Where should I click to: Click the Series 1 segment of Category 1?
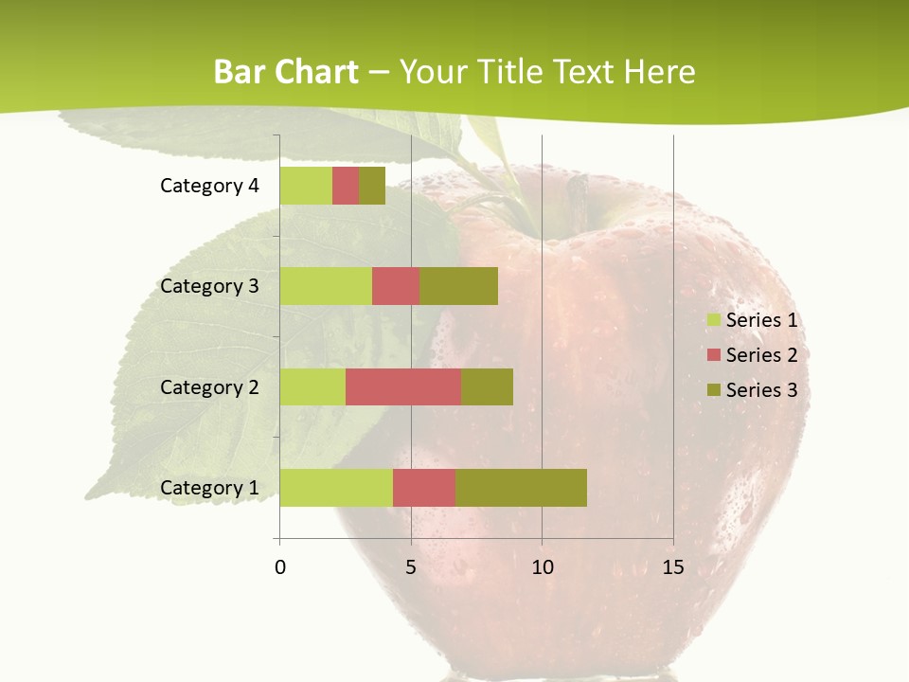[336, 488]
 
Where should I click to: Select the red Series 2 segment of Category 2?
[403, 386]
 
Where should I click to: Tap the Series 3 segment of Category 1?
[521, 488]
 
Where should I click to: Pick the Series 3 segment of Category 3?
[458, 286]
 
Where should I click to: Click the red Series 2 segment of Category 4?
[346, 186]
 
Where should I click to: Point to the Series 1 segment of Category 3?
[326, 286]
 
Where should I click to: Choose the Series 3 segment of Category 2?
[487, 386]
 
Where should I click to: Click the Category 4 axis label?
[209, 186]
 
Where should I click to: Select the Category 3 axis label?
[209, 286]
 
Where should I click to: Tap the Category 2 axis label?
[209, 386]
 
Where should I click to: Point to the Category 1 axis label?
[209, 488]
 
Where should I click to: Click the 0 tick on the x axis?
[280, 567]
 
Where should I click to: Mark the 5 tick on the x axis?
[411, 567]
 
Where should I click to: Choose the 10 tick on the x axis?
[542, 567]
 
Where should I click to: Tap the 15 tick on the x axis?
[672, 567]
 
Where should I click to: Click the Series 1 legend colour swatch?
[714, 320]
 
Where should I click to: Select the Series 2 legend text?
[761, 355]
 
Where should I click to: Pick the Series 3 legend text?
[761, 390]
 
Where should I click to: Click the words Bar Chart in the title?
[286, 72]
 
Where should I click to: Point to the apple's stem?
[577, 199]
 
